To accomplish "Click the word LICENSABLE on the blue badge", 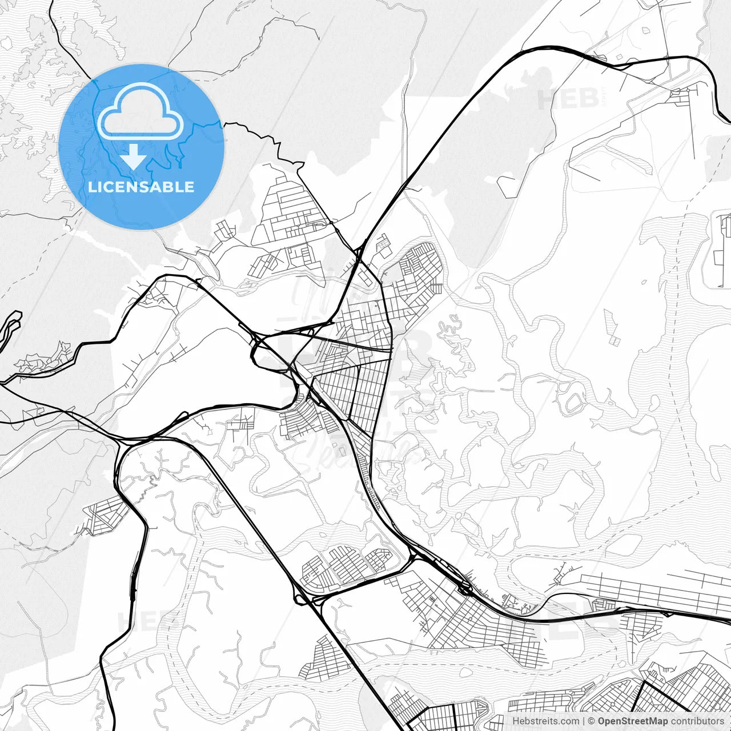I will [141, 187].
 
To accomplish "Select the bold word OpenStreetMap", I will [632, 721].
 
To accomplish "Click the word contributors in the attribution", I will [697, 721].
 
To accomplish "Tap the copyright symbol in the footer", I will [592, 721].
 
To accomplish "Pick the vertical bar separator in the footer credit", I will [584, 721].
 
